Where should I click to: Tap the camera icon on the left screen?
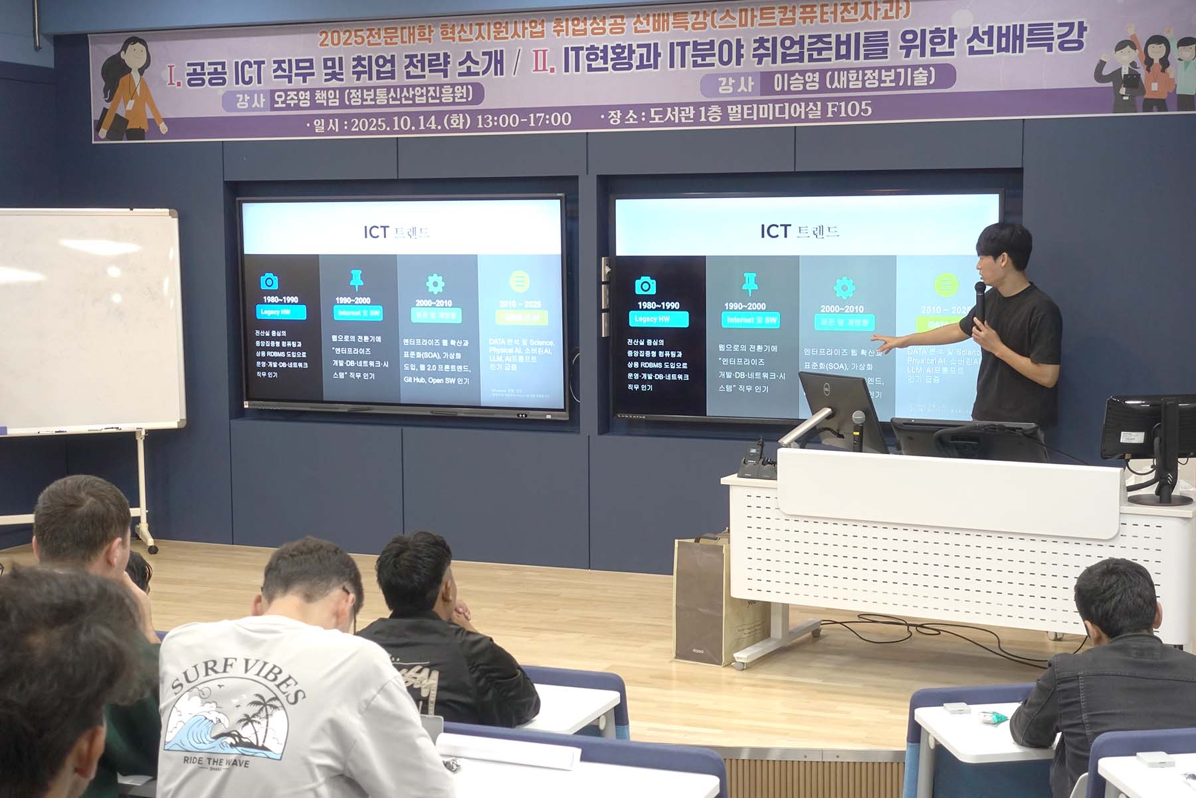269,281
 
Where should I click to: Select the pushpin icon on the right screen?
750,283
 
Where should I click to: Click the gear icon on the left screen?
435,284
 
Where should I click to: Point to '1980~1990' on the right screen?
658,306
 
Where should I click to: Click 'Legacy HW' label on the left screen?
275,312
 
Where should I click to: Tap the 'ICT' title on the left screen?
376,232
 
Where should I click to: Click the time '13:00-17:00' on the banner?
524,120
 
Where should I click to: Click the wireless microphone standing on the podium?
858,430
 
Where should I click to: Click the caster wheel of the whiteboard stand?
153,549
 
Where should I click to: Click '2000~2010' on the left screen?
434,303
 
